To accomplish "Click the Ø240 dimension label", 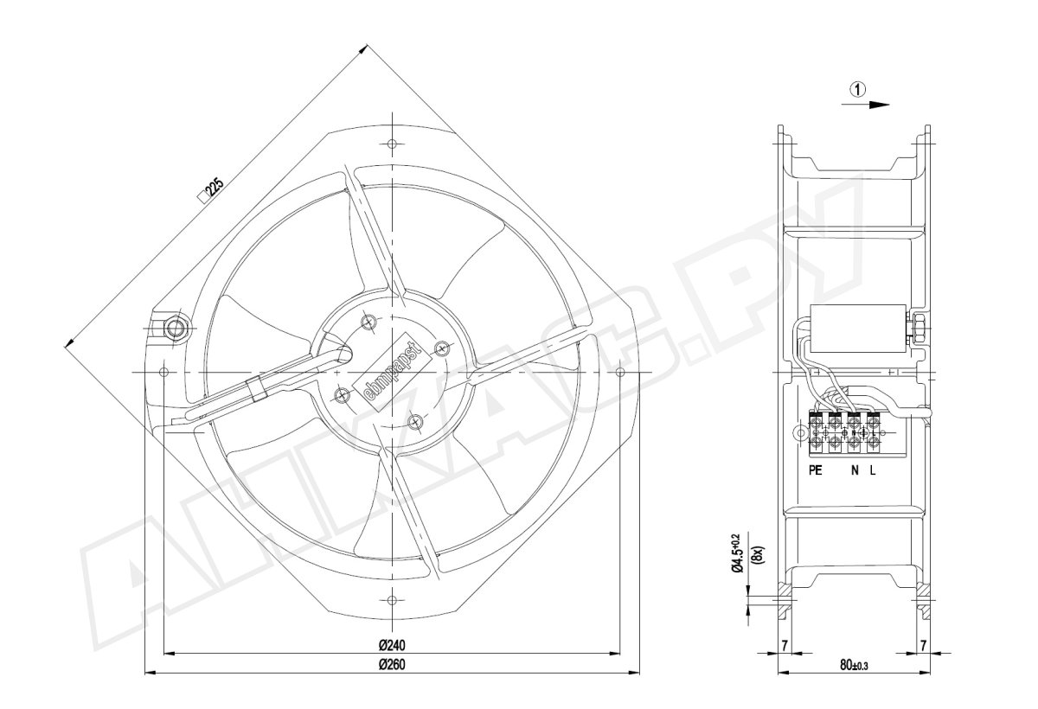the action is [x=392, y=645].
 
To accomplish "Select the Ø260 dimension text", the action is [x=392, y=665].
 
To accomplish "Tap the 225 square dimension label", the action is [x=212, y=190].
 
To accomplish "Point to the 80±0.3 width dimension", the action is [x=854, y=666].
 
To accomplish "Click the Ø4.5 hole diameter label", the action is [x=737, y=553].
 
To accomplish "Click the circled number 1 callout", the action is [x=858, y=89].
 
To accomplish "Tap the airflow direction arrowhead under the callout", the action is [x=879, y=105].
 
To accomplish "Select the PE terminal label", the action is [x=815, y=470].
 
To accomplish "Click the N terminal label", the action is [x=855, y=470].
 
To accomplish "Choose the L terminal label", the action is [x=873, y=470].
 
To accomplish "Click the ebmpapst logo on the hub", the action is [x=393, y=373].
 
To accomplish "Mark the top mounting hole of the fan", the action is [x=392, y=144].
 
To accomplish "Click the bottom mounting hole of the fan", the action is [x=392, y=601].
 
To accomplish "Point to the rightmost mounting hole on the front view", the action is [x=620, y=372].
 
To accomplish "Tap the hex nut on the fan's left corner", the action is [x=176, y=329].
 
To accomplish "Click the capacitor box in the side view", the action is [x=858, y=328].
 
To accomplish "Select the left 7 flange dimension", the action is [x=784, y=646].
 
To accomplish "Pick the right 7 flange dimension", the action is [x=923, y=646].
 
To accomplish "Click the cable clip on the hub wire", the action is [x=256, y=389].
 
